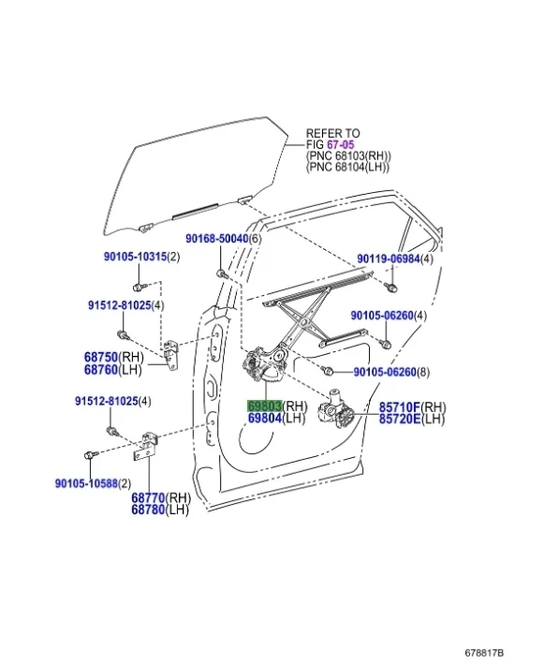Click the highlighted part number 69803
tap(264, 406)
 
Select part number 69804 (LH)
tap(264, 419)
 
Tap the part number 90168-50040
tap(216, 239)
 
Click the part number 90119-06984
tap(389, 259)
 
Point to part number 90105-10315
tap(134, 257)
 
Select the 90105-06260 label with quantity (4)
tap(382, 316)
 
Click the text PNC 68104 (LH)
tap(347, 168)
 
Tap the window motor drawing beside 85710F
tap(337, 412)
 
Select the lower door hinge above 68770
tap(147, 445)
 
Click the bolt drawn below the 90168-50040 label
tap(222, 273)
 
